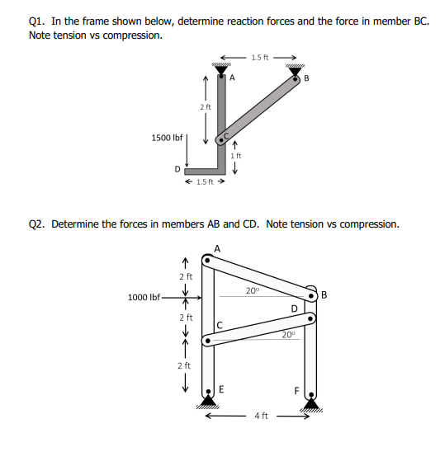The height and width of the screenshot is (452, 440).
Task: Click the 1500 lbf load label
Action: pos(168,137)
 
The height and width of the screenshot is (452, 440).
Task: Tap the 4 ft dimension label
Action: pos(260,416)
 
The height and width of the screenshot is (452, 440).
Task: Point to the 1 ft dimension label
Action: pos(236,156)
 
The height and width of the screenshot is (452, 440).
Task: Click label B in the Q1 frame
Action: pos(305,79)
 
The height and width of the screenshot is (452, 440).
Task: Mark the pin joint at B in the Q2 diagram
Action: pos(312,295)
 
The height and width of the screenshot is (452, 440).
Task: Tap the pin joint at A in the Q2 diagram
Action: pos(208,258)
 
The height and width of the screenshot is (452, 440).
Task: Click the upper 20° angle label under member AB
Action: pos(253,290)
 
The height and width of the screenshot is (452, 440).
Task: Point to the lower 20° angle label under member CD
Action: pos(287,335)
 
